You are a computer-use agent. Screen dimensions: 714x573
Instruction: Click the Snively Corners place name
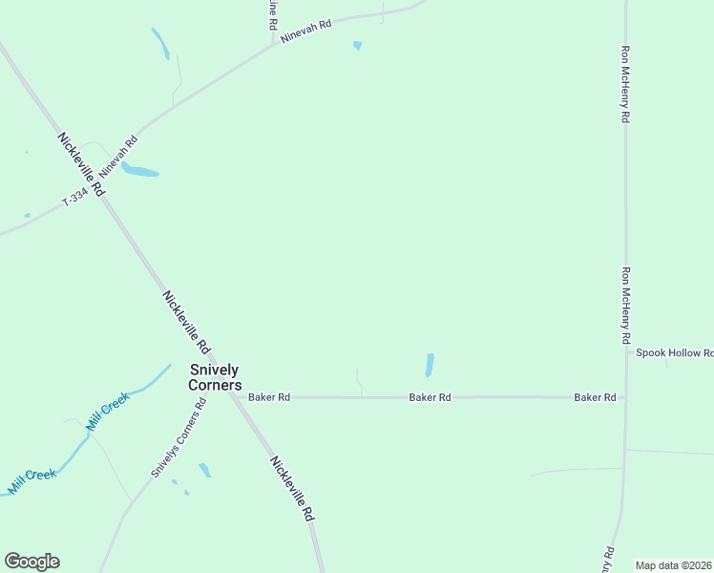click(215, 377)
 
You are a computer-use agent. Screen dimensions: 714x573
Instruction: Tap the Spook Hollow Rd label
click(675, 352)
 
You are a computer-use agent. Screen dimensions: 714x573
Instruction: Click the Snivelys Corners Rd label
click(178, 438)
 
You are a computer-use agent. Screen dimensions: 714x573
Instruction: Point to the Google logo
click(31, 562)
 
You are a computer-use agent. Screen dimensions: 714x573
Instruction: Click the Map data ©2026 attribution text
click(673, 565)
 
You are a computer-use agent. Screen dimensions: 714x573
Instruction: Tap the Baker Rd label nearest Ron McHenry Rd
click(594, 396)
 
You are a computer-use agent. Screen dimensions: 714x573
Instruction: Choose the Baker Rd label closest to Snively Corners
click(268, 396)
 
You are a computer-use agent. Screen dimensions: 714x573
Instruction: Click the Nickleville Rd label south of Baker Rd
click(292, 487)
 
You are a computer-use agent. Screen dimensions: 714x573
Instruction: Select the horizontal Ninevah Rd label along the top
click(305, 32)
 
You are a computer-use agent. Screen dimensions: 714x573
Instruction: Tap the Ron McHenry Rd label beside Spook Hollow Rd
click(626, 306)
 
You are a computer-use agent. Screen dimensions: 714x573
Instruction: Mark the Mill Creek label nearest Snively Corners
click(108, 414)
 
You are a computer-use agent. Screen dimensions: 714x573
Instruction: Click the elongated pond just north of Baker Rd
click(430, 365)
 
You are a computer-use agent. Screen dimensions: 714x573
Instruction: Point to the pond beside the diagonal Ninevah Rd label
click(139, 171)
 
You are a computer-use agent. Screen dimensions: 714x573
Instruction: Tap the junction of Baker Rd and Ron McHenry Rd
click(625, 396)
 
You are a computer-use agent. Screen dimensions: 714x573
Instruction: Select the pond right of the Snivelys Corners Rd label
click(204, 470)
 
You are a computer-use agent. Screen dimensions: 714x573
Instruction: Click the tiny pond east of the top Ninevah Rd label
click(357, 45)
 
